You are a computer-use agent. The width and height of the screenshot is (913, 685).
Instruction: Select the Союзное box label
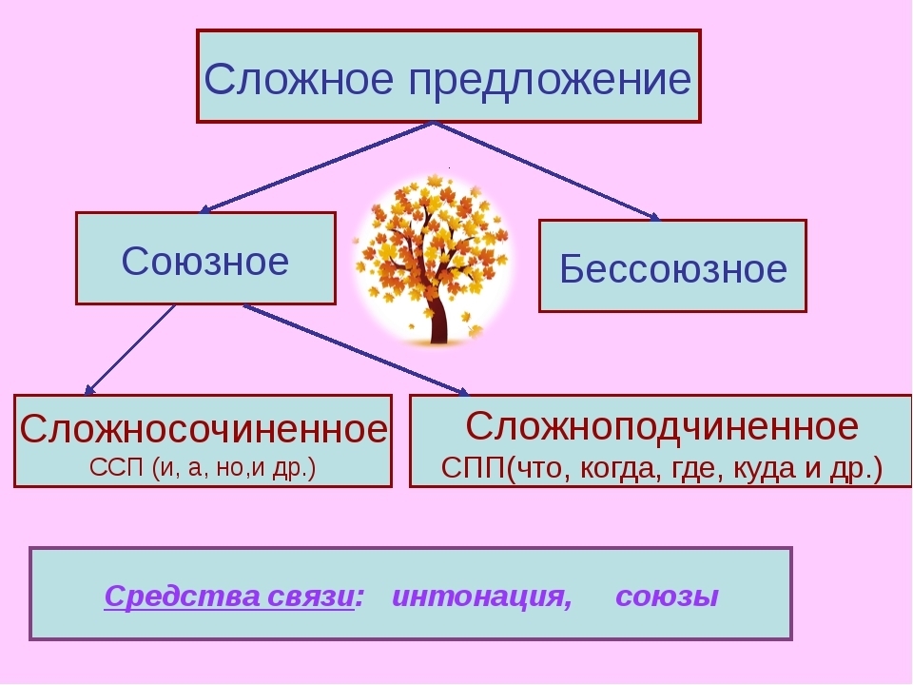click(205, 260)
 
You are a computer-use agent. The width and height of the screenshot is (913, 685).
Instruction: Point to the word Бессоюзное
click(673, 269)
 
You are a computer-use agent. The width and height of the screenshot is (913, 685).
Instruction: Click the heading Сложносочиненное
click(204, 429)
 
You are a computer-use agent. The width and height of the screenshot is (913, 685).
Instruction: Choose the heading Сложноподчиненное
click(662, 425)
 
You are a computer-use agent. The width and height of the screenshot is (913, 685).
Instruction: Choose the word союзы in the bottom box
click(667, 597)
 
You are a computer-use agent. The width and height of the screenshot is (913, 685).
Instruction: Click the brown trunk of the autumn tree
click(437, 319)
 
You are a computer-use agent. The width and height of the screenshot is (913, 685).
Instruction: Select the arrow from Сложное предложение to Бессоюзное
click(546, 171)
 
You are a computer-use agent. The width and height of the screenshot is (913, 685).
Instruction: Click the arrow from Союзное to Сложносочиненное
click(130, 349)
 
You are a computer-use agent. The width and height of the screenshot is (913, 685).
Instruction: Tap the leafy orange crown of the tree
click(433, 228)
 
